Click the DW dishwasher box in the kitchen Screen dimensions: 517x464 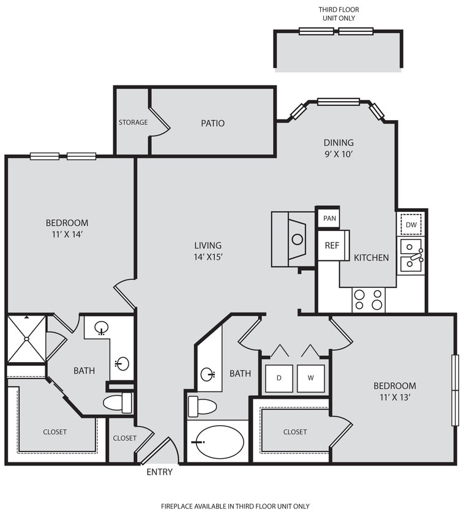click(411, 225)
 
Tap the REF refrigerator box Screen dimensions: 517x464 click(332, 245)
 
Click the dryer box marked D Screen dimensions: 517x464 click(279, 378)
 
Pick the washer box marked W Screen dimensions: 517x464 click(310, 378)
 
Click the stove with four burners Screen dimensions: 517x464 click(369, 300)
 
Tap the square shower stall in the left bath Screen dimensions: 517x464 click(26, 339)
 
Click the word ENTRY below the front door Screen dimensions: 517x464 click(159, 472)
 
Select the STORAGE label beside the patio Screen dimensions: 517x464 click(133, 123)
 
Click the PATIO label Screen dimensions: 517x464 click(212, 123)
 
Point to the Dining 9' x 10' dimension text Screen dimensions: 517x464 click(339, 154)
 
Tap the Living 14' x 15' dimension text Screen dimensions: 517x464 click(208, 257)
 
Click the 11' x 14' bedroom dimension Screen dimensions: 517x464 click(67, 234)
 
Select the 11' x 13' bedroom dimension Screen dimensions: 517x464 click(395, 397)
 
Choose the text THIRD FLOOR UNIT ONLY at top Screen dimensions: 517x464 click(339, 13)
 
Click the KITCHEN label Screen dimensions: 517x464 click(372, 258)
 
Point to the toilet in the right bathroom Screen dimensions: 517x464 click(203, 406)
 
